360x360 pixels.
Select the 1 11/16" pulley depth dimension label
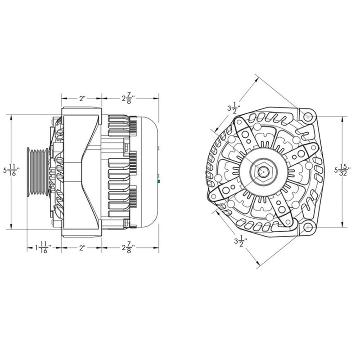coord(43,247)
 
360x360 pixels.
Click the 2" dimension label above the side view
coord(82,98)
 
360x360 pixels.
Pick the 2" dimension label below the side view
coord(82,247)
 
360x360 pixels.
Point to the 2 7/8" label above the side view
coord(129,98)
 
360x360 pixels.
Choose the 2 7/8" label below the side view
coord(129,247)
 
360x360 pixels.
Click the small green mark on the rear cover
coord(159,182)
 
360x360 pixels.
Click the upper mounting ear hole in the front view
coord(308,117)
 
